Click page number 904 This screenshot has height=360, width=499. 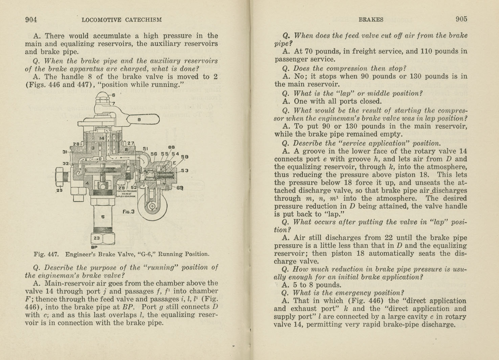click(x=31, y=20)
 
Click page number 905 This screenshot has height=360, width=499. click(x=461, y=19)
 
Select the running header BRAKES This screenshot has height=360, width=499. click(x=371, y=20)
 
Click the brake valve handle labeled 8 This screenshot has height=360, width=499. click(x=142, y=119)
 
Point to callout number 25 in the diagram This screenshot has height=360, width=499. click(x=60, y=190)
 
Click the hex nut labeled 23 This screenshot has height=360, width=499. click(x=97, y=238)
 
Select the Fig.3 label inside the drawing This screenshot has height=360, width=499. click(x=128, y=212)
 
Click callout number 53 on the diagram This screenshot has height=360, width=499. click(x=184, y=171)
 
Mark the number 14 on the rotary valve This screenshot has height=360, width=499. click(x=102, y=138)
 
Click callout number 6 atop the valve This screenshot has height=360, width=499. click(x=114, y=95)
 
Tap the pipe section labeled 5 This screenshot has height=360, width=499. click(x=103, y=217)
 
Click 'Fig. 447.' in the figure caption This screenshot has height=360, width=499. click(x=46, y=254)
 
